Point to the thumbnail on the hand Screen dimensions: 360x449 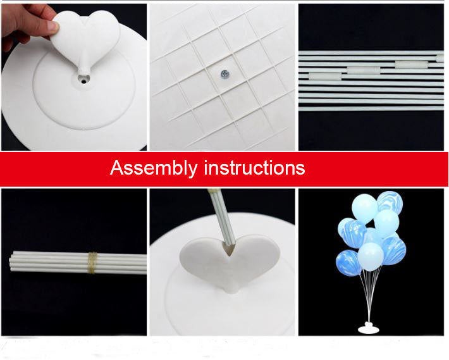(51, 26)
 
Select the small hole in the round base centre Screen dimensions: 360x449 (83, 80)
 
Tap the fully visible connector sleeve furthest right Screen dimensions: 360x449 (410, 64)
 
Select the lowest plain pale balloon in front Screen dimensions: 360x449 (372, 257)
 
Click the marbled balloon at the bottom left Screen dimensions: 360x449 (348, 262)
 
